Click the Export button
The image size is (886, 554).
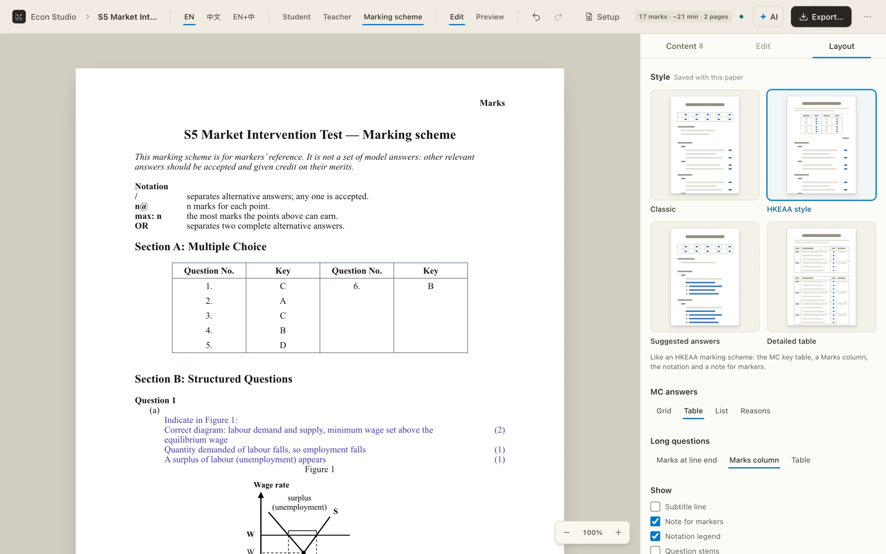tap(821, 17)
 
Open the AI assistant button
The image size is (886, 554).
tap(768, 17)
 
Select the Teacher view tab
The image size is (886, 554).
tap(337, 17)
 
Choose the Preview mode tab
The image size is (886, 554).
tap(490, 17)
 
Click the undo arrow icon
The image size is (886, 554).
tap(536, 17)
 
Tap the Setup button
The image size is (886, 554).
tap(602, 17)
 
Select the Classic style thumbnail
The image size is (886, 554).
tap(705, 145)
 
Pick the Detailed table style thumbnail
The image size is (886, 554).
tap(821, 277)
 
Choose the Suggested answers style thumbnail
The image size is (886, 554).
tap(705, 277)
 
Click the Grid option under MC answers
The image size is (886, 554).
tap(664, 411)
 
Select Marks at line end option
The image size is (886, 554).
tap(687, 460)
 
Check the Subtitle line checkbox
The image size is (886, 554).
tap(655, 506)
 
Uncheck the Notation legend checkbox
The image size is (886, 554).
tap(655, 536)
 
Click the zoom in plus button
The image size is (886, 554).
tap(618, 532)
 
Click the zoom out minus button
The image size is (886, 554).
tap(567, 532)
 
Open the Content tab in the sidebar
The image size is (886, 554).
tap(684, 46)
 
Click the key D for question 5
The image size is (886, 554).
tap(283, 345)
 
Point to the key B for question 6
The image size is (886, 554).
tap(431, 286)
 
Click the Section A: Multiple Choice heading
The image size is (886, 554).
tap(200, 247)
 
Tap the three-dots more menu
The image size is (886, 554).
tap(868, 17)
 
